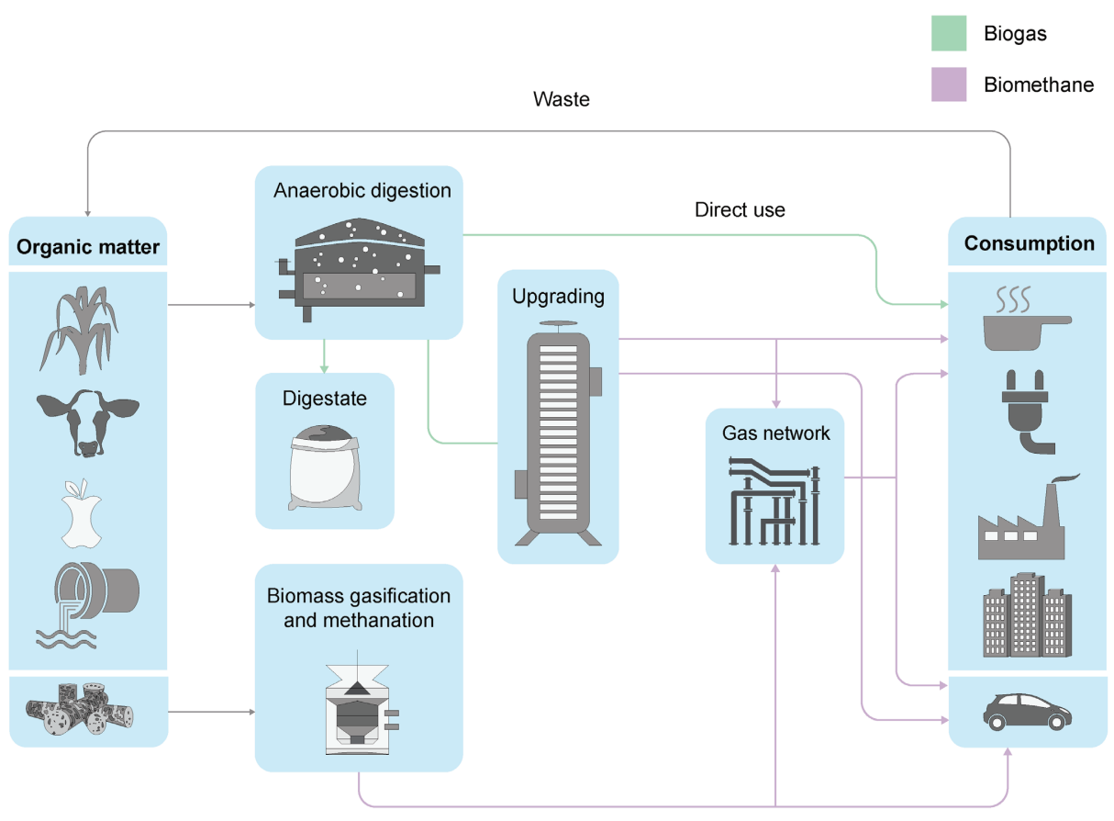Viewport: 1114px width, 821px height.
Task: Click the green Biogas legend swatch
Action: coord(948,34)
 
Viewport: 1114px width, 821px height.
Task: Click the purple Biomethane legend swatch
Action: coord(948,84)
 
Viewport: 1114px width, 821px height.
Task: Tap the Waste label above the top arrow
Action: coord(562,99)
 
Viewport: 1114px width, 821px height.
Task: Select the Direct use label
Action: coord(740,209)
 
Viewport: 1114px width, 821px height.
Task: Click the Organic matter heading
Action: coord(88,246)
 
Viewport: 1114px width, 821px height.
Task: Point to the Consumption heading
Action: coord(1029,243)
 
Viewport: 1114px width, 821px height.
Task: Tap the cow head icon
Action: coord(87,422)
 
